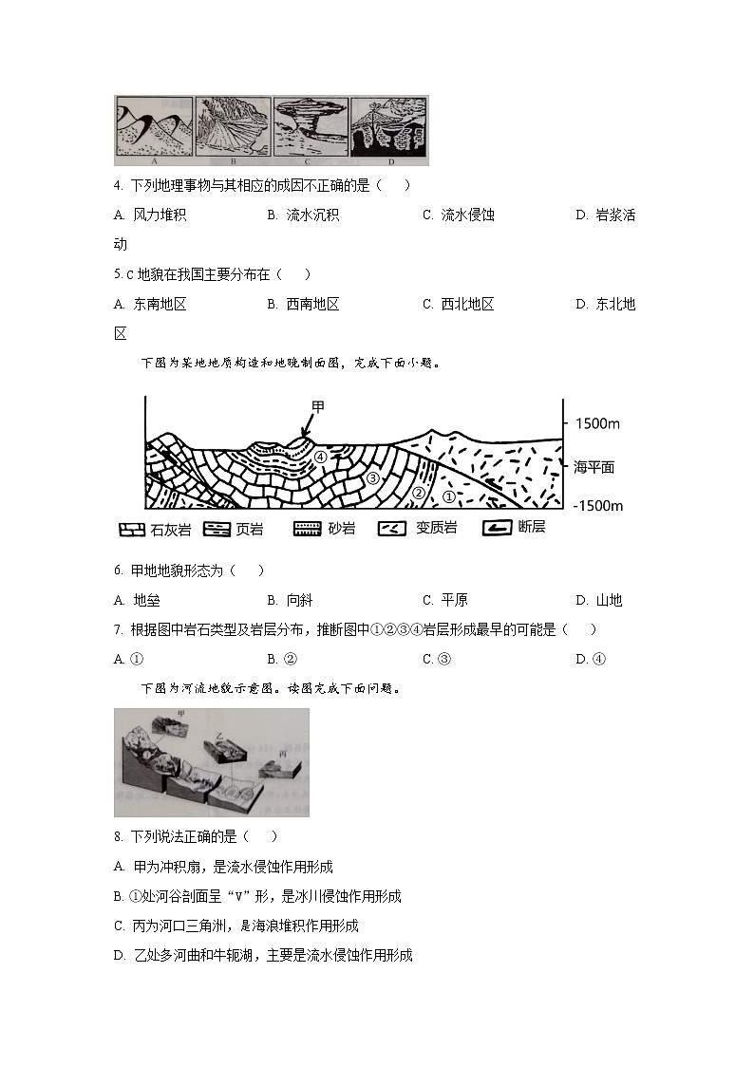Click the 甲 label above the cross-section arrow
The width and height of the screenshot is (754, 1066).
click(x=317, y=407)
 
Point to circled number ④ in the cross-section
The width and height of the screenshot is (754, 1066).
click(x=321, y=457)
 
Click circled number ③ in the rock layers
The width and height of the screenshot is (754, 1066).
click(x=373, y=478)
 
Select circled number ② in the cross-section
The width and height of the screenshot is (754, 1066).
click(x=418, y=494)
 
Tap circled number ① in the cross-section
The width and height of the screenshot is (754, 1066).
click(x=449, y=496)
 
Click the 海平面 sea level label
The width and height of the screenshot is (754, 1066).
click(x=594, y=467)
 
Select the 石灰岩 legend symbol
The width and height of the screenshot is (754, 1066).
click(x=131, y=528)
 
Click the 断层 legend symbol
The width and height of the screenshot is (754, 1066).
click(x=497, y=528)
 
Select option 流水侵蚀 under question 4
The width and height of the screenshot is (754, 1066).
click(x=467, y=215)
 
